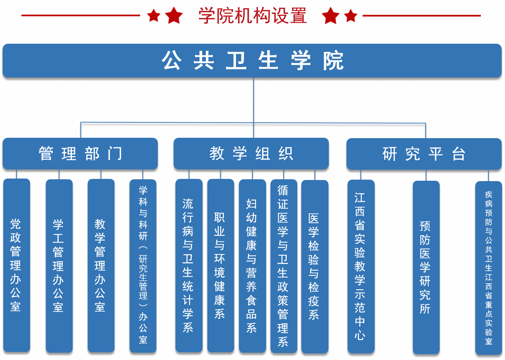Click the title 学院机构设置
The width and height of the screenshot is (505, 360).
[x=252, y=16]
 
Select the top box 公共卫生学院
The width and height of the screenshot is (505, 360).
[x=252, y=61]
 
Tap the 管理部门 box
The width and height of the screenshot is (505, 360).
[x=80, y=154]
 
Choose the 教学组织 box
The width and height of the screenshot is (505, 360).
[x=251, y=154]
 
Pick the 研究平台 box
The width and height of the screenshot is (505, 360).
[x=424, y=154]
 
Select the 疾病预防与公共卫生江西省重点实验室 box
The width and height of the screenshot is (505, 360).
[x=488, y=268]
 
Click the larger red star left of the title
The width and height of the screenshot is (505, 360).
[x=174, y=16]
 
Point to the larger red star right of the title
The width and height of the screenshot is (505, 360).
[x=331, y=16]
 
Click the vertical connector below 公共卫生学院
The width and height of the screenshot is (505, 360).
[x=254, y=99]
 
